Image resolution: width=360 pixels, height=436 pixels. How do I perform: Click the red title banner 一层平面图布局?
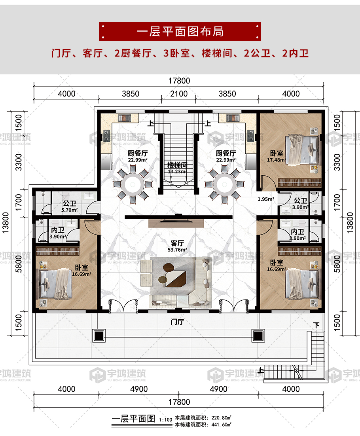point(180,31)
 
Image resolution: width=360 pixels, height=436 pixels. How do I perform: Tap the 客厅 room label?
point(177,243)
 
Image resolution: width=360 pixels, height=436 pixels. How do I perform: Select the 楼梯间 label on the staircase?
point(177,165)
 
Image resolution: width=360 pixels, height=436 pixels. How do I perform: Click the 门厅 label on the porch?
point(177,322)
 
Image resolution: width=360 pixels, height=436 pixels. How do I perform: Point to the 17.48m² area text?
point(277,160)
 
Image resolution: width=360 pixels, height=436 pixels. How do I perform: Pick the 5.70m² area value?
point(70,210)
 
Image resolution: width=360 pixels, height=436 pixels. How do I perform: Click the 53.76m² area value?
point(177,250)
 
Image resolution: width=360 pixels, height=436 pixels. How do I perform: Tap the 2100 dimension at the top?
point(179,94)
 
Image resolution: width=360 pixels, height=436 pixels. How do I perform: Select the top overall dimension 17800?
point(179,81)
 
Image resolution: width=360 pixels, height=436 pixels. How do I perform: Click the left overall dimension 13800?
point(6,223)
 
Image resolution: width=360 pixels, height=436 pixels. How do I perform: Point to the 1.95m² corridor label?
point(266,199)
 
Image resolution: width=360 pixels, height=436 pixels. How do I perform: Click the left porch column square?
point(99,336)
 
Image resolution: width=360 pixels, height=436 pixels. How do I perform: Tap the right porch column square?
point(258,336)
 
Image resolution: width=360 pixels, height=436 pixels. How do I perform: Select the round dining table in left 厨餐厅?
point(133,184)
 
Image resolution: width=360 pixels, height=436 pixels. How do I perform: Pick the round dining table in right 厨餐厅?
point(224,184)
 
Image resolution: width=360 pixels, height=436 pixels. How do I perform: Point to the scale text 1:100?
point(165,420)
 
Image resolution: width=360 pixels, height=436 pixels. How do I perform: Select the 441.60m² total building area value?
point(221,425)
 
